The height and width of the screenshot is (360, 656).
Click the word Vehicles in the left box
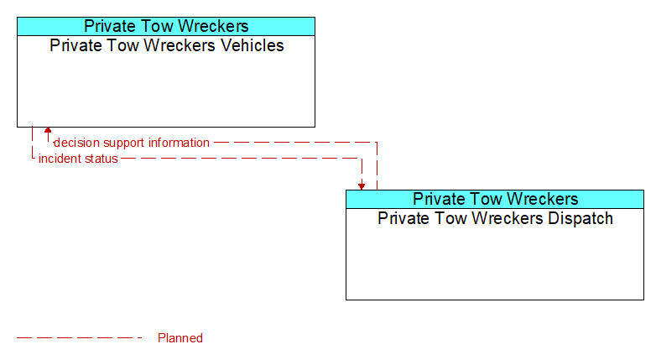pos(253,45)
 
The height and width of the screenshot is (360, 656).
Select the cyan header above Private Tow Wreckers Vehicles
pos(166,26)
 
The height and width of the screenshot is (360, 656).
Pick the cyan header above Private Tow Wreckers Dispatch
pos(495,199)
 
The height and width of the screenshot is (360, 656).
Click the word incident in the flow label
pos(57,159)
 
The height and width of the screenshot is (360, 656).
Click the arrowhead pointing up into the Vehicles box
pos(48,130)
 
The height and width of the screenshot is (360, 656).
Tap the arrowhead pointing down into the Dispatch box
pos(362,186)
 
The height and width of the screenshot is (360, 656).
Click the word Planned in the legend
pos(180,338)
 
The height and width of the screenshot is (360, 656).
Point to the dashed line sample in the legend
pos(80,338)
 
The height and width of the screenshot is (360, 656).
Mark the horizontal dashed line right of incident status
pos(239,159)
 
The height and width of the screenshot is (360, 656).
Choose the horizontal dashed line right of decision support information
pos(295,143)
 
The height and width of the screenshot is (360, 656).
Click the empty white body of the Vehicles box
pos(166,90)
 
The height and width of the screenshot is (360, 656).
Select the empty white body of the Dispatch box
pos(495,263)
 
